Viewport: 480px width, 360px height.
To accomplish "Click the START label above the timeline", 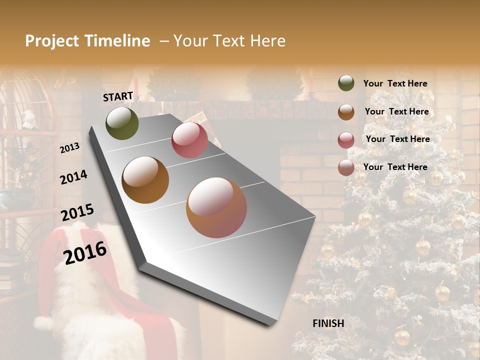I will (118, 96).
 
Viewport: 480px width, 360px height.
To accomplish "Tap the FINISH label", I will (328, 323).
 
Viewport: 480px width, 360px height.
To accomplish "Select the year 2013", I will (69, 148).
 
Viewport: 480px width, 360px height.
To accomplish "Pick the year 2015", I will (77, 212).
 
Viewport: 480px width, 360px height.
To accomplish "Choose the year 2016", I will (85, 253).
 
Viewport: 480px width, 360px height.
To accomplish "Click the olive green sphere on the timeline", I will (122, 123).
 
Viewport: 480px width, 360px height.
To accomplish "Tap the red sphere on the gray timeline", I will (189, 140).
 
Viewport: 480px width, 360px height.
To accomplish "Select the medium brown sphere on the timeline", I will (145, 180).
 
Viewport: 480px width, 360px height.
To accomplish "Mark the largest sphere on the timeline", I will (216, 207).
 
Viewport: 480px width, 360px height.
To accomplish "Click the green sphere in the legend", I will (346, 83).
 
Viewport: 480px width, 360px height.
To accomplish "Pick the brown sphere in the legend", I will (346, 112).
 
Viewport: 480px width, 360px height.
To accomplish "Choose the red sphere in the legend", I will (346, 140).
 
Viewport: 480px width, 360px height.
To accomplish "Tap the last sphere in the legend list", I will (346, 167).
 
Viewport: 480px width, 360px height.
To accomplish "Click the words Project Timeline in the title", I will (87, 41).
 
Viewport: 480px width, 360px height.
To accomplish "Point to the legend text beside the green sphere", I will (395, 83).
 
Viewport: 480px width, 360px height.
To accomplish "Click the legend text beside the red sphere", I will (397, 139).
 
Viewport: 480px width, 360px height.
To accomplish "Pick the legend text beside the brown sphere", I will (396, 111).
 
